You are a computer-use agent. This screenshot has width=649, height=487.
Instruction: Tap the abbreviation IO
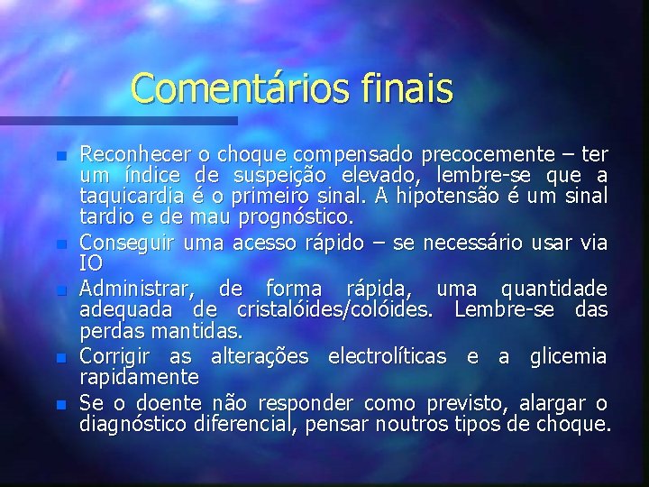click(x=91, y=264)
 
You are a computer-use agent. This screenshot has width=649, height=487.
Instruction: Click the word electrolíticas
click(x=387, y=356)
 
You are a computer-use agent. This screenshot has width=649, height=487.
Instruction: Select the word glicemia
click(x=569, y=356)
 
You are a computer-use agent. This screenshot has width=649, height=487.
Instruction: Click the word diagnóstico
click(x=133, y=424)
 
